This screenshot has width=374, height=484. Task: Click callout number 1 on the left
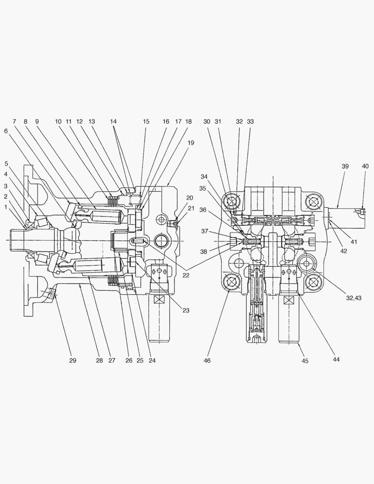6,207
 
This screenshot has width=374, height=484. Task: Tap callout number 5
6,163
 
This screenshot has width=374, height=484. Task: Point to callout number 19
191,143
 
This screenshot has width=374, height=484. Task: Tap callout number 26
129,360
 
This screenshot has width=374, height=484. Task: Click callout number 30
206,121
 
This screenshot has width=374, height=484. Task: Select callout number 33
250,121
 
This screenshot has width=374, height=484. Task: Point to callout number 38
204,252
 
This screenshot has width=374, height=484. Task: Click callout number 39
345,166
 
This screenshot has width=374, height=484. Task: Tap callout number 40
365,166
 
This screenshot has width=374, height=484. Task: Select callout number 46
206,360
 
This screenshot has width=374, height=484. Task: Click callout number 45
305,361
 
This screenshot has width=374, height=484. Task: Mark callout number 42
344,251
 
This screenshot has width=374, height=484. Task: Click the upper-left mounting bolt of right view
232,203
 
